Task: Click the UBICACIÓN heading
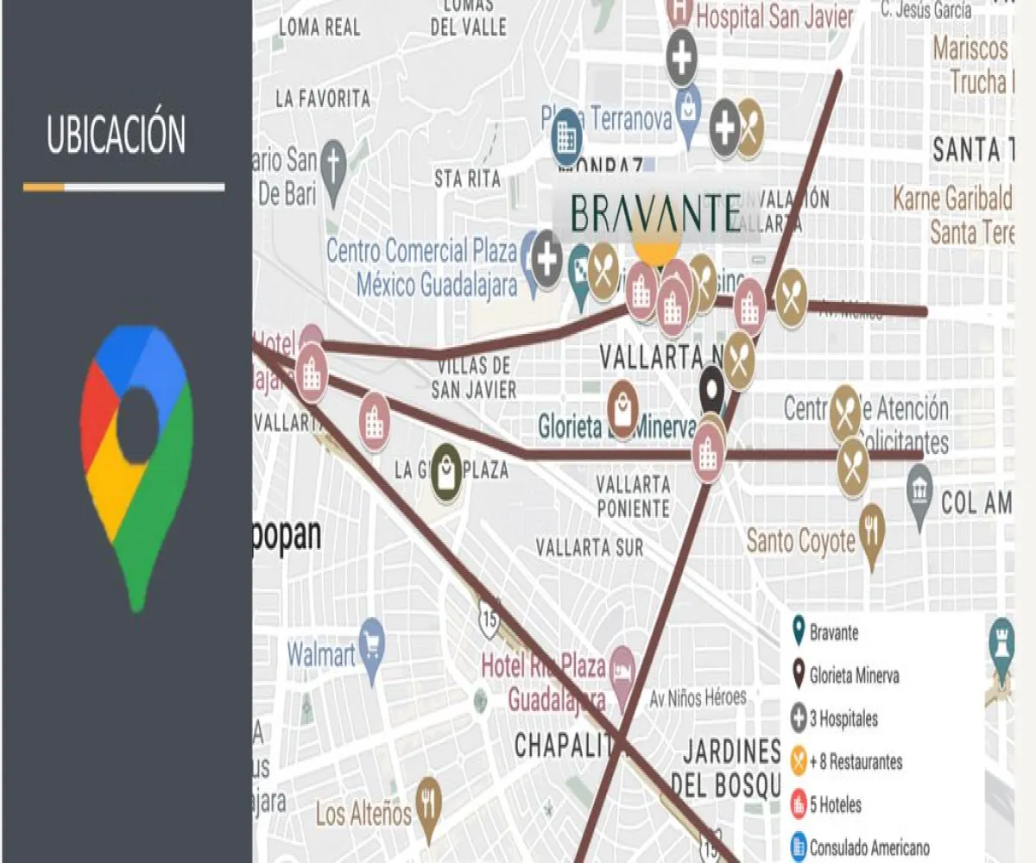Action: tap(116, 135)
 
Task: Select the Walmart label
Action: tap(320, 654)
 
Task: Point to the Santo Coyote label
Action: tap(800, 541)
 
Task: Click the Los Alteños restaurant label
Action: tap(363, 812)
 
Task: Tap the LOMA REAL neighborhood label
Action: tap(319, 27)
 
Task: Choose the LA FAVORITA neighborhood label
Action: tap(323, 98)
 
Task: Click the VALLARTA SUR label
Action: tap(589, 547)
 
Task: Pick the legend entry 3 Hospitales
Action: tap(843, 718)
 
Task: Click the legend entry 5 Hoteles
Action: tap(835, 805)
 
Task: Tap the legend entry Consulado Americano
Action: tap(869, 848)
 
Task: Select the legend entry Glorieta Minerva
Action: tap(853, 675)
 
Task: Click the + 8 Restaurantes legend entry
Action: tap(855, 762)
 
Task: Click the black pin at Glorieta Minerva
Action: tap(711, 388)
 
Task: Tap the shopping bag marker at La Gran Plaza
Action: tap(446, 472)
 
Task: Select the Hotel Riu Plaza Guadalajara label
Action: tap(544, 682)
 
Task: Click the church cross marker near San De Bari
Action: tap(332, 164)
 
